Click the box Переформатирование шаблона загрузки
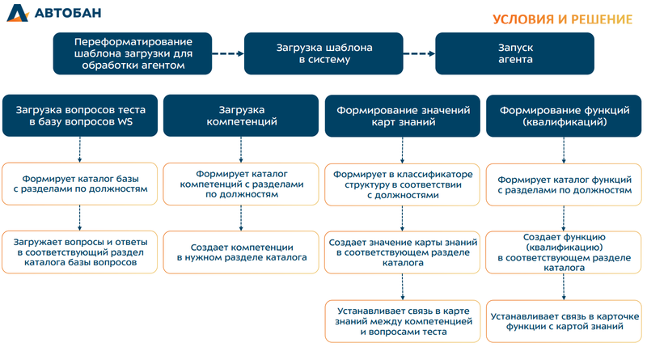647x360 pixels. (133, 53)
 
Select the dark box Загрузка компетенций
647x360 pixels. (240, 115)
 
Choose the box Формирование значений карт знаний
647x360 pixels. (402, 115)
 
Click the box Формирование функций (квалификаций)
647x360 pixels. (564, 115)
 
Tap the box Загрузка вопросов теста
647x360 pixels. (79, 115)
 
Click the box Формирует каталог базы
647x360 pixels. (79, 183)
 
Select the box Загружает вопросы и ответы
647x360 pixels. (79, 252)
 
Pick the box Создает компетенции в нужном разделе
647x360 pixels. (241, 252)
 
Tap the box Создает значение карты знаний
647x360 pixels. (402, 252)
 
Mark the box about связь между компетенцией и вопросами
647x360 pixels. (402, 320)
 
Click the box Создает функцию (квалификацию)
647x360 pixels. (564, 252)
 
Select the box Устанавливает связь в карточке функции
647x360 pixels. (564, 320)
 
